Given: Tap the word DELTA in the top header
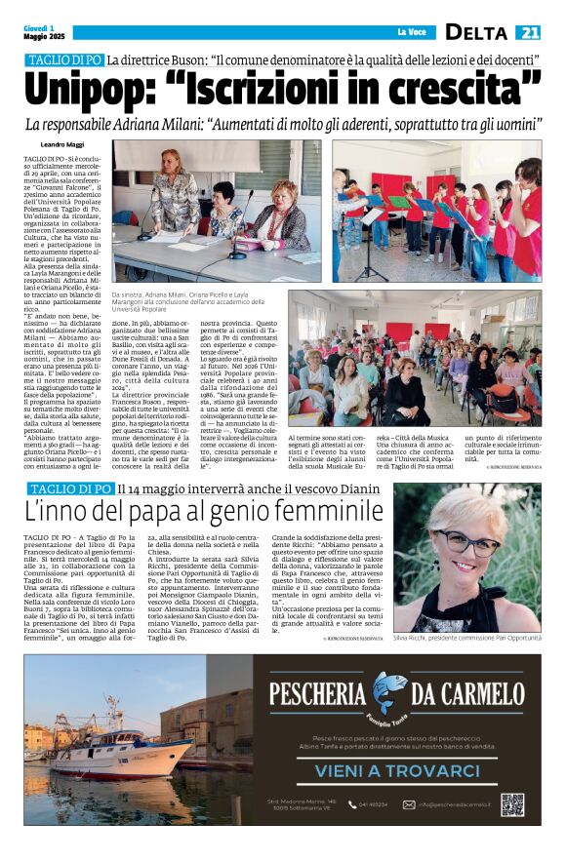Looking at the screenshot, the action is [478, 33].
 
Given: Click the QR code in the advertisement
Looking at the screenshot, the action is [512, 803].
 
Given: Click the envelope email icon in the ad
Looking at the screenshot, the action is [410, 804].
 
